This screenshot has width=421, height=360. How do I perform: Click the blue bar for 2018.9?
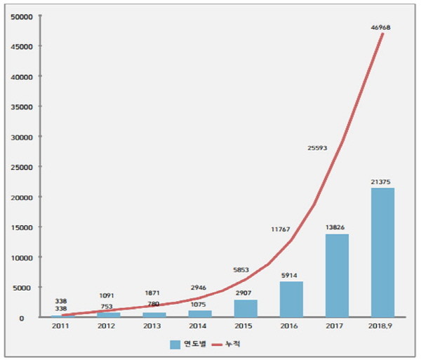tap(382, 253)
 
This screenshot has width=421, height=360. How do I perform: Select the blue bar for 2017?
tap(337, 275)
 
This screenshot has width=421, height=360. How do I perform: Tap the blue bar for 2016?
tap(291, 299)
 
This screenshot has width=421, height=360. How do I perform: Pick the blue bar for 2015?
tap(246, 308)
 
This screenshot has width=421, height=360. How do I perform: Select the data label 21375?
tap(382, 182)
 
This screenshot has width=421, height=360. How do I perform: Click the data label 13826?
tap(337, 227)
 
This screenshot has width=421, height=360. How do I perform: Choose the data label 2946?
tap(200, 288)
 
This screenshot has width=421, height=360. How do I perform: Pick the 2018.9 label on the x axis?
tap(382, 326)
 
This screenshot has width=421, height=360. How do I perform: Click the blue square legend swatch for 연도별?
tap(175, 345)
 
